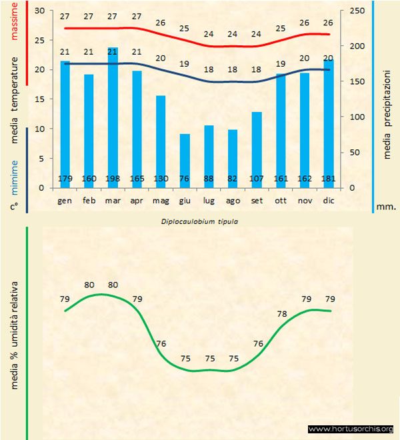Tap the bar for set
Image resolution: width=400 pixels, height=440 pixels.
click(x=257, y=149)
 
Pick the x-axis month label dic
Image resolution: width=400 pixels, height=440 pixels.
click(x=328, y=200)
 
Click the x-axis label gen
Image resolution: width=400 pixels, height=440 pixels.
click(x=65, y=200)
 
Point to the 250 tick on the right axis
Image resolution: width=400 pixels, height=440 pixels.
click(x=357, y=11)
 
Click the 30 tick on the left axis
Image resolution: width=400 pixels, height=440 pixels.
click(x=39, y=11)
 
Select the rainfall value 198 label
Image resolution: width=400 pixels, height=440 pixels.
click(x=113, y=179)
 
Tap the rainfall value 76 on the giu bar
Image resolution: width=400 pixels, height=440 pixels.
click(x=185, y=179)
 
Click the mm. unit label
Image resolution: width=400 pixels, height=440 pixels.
click(x=386, y=207)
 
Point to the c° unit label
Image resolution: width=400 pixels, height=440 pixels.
click(x=13, y=207)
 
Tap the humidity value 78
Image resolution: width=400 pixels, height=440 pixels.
click(x=282, y=313)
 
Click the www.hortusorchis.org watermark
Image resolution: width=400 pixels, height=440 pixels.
click(x=351, y=429)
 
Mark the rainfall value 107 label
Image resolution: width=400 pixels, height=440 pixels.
click(x=257, y=179)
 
